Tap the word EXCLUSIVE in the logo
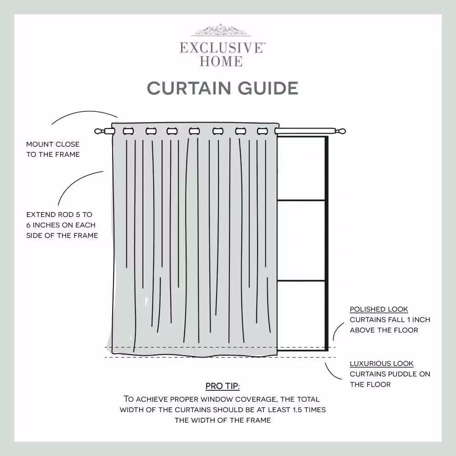click(x=221, y=48)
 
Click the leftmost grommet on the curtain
click(x=128, y=131)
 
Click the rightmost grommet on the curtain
click(x=262, y=131)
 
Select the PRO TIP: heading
click(x=223, y=386)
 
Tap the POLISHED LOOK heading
click(x=378, y=310)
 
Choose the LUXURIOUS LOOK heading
click(x=381, y=363)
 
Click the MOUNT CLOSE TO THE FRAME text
click(x=53, y=149)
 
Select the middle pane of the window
click(x=301, y=240)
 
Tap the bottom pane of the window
click(x=301, y=315)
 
